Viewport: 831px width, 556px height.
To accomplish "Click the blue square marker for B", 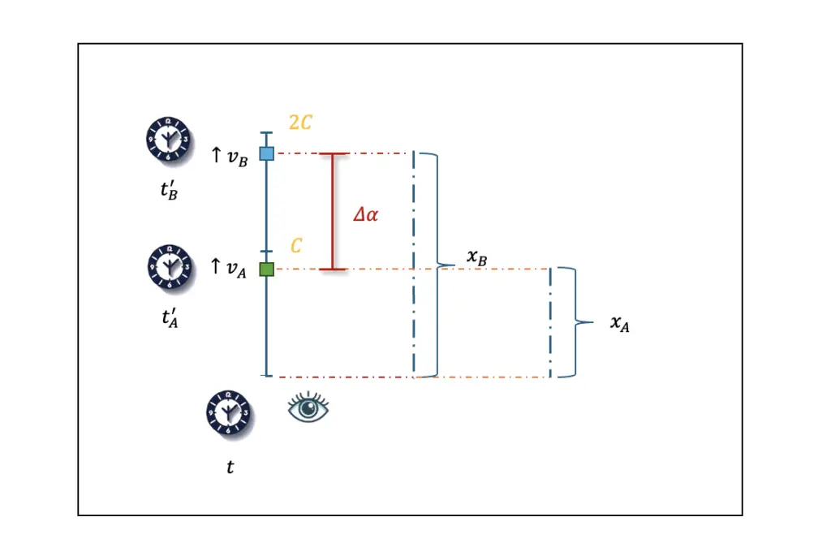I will (266, 153).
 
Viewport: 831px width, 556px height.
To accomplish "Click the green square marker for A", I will (266, 269).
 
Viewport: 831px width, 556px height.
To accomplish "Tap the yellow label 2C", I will (300, 123).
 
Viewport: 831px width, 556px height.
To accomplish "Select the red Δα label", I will (365, 215).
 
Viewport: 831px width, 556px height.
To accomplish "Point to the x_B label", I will (477, 257).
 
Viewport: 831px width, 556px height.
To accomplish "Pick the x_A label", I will (620, 324).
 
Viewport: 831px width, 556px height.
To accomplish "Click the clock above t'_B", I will (167, 138).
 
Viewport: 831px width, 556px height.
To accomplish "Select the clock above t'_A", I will (170, 266).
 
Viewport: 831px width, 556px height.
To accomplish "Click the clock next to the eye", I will (228, 412).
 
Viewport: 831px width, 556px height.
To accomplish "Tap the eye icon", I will (308, 408).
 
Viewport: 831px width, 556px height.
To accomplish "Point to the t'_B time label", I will (169, 192).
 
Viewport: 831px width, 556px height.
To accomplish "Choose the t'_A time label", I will (170, 318).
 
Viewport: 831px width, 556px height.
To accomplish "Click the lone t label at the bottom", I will (230, 468).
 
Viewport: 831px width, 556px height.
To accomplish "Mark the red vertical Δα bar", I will (332, 211).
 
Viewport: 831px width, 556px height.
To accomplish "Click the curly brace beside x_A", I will (578, 323).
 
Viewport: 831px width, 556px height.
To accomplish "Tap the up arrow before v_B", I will (216, 155).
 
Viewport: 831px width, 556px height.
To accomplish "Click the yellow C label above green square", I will (297, 245).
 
